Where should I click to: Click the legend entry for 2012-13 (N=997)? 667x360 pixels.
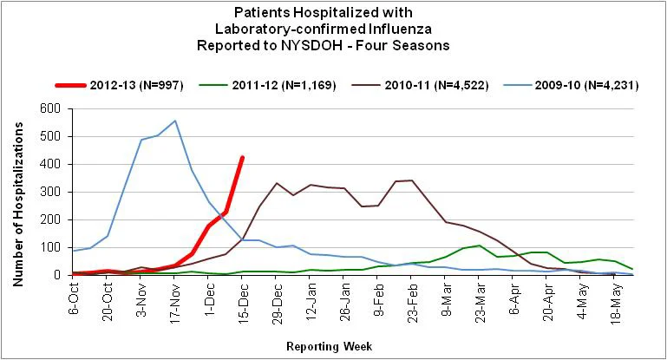[x=120, y=85]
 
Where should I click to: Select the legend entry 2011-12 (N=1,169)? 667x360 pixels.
[x=267, y=85]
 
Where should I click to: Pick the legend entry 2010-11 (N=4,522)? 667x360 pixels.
[x=421, y=85]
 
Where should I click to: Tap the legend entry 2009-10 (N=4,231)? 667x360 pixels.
[x=571, y=85]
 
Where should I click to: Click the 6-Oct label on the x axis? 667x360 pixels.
[x=74, y=298]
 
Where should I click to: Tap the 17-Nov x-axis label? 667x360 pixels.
[x=175, y=299]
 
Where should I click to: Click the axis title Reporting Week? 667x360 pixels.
[x=330, y=346]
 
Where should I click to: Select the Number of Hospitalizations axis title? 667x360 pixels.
[x=18, y=204]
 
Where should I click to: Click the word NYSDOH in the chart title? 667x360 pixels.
[x=312, y=45]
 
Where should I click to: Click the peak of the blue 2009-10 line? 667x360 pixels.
[x=175, y=121]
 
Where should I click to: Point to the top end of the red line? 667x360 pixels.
[x=242, y=158]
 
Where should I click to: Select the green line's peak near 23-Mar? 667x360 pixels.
[x=480, y=245]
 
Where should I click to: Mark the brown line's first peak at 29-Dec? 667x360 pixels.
[x=277, y=183]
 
